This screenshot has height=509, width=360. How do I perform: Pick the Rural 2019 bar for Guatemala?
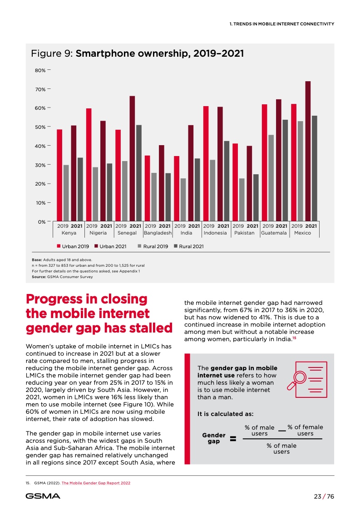coord(271,178)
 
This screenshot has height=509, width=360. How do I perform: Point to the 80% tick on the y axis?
coord(49,70)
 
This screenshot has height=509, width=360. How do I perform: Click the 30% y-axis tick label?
coord(40,165)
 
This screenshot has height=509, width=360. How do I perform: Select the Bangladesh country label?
coord(158,233)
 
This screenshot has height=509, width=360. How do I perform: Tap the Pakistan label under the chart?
coord(244,233)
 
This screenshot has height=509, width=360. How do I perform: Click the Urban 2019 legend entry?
coord(73,246)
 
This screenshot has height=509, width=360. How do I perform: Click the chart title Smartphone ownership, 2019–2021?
coord(159,54)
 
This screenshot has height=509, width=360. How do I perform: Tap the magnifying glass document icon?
coord(307,376)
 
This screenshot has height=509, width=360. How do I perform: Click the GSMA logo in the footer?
coord(43,496)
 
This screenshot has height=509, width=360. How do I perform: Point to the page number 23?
coord(318,496)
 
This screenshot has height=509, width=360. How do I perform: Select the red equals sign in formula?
coord(233,439)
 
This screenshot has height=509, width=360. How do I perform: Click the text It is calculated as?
coord(225,414)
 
